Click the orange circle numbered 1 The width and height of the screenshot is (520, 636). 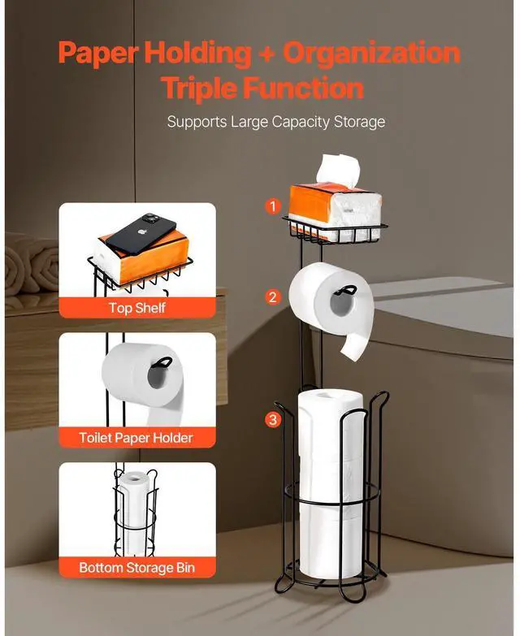(273, 206)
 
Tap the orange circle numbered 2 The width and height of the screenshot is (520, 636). (273, 297)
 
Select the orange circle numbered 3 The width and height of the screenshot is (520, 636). (273, 419)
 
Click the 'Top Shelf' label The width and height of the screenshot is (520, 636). (137, 308)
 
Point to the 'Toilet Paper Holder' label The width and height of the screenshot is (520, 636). (136, 438)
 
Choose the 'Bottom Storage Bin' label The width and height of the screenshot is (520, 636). (137, 568)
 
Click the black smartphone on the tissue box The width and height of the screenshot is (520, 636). (141, 234)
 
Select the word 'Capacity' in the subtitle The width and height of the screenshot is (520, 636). (301, 122)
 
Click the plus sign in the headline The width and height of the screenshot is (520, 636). (266, 54)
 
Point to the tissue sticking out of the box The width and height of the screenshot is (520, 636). (338, 170)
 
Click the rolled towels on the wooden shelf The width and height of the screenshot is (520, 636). (32, 264)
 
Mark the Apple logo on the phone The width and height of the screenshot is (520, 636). (141, 233)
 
